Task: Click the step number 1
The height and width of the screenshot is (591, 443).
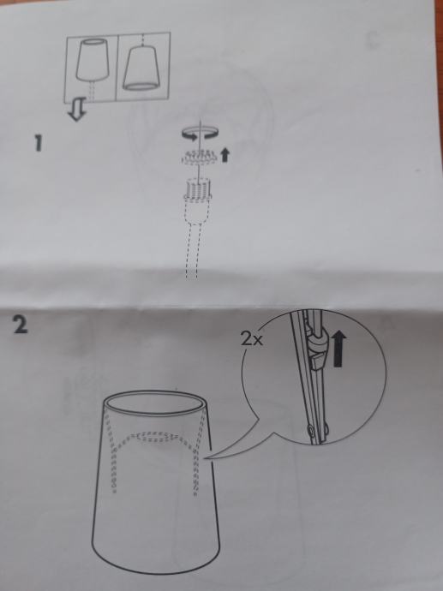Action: [38, 143]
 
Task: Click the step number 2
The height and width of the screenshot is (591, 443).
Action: [21, 325]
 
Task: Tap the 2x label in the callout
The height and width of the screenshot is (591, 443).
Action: [252, 339]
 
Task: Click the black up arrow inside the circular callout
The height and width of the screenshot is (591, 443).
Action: [338, 348]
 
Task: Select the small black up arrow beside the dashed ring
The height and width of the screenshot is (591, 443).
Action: [224, 154]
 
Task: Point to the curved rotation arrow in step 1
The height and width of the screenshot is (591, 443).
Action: [200, 134]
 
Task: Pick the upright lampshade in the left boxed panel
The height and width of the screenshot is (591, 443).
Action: [93, 59]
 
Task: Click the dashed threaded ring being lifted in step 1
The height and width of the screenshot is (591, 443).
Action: [198, 158]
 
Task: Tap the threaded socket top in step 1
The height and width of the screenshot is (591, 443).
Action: [196, 189]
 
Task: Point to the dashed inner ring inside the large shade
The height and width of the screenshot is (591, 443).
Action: [159, 438]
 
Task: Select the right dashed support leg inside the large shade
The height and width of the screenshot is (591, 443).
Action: [198, 452]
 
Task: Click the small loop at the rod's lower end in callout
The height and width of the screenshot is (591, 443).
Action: [311, 430]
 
